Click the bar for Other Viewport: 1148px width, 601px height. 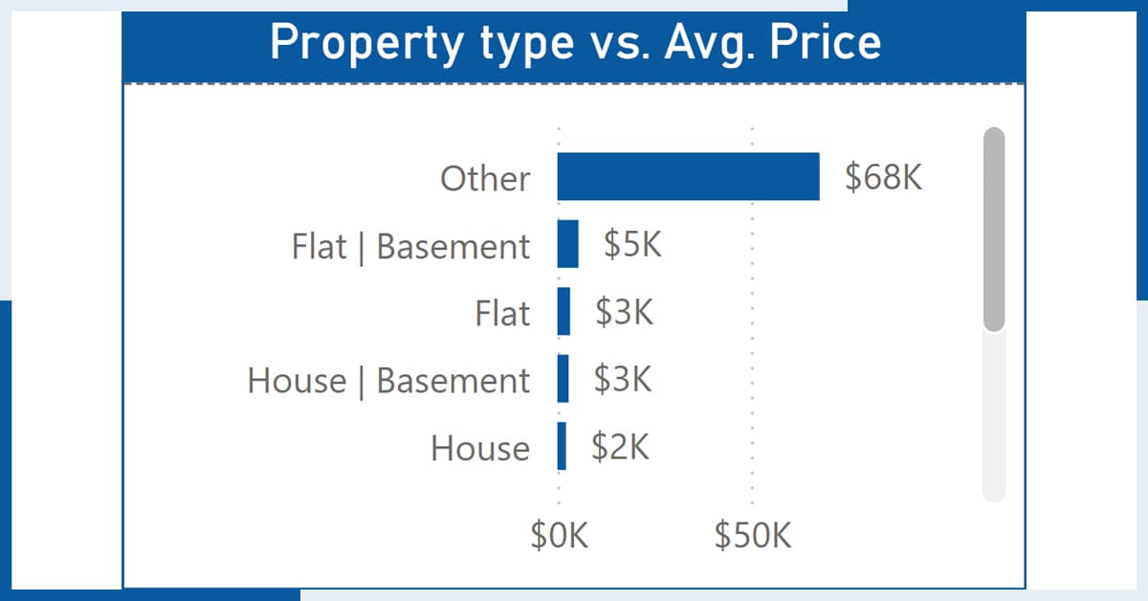tap(688, 176)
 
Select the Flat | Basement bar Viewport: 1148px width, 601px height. tap(568, 244)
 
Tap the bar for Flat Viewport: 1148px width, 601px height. tap(563, 311)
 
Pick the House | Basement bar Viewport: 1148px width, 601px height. tap(563, 378)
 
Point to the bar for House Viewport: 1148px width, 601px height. tap(562, 446)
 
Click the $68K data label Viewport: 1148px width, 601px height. tap(884, 177)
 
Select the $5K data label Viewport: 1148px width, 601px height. tap(632, 244)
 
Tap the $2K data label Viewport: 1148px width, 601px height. tap(620, 446)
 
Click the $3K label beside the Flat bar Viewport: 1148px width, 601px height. tap(624, 311)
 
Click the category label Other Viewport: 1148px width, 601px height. tap(485, 178)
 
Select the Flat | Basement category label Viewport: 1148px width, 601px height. tap(410, 247)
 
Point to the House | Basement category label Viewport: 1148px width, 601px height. tap(388, 381)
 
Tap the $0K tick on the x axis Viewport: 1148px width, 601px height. tap(559, 535)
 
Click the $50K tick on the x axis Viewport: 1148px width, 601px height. tap(753, 535)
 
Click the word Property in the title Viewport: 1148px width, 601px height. tap(366, 44)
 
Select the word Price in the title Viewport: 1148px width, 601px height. tap(825, 42)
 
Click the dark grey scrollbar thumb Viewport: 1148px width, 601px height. tap(994, 230)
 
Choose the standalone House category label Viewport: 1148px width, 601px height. tap(480, 448)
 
